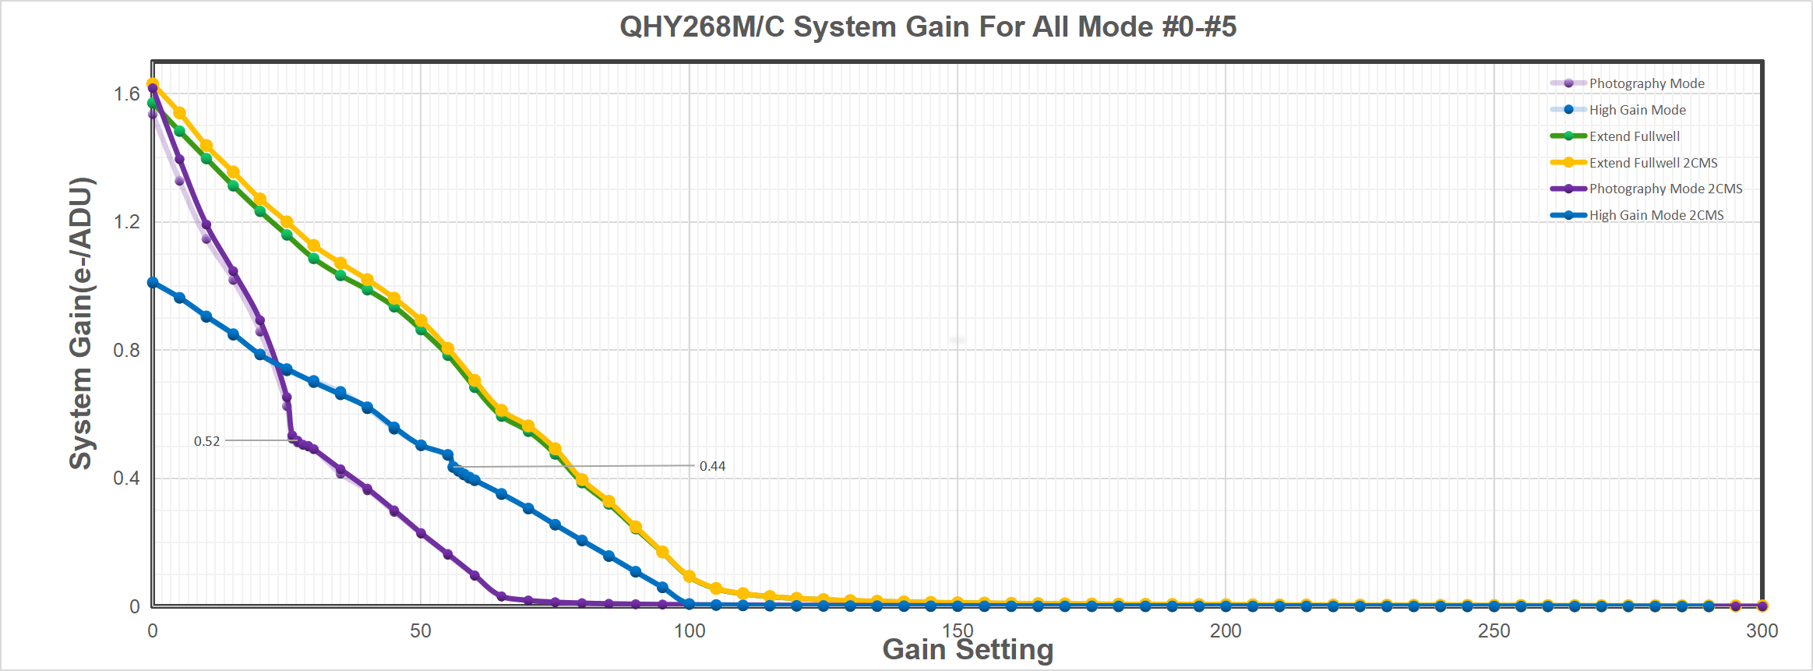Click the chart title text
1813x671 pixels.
[927, 27]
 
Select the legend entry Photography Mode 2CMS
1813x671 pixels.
[1665, 189]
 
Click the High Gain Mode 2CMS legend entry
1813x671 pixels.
[1656, 215]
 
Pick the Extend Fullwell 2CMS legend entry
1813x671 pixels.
[1653, 163]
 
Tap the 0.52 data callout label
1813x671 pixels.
[207, 441]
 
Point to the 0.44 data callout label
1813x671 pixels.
[712, 466]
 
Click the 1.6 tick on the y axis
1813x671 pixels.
[126, 94]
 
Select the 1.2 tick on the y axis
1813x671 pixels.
[126, 222]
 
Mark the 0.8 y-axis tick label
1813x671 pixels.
[126, 350]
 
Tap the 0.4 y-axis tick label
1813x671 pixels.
[126, 478]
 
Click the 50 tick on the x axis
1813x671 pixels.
[421, 630]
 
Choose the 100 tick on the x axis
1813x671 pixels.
[689, 630]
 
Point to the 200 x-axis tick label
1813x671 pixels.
[1226, 630]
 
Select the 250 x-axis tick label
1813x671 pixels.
[1494, 630]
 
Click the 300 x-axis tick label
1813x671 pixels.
[1762, 630]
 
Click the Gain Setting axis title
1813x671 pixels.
[968, 650]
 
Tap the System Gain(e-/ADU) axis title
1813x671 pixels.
[81, 323]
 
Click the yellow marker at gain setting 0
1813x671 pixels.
[153, 83]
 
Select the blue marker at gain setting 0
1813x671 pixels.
[153, 283]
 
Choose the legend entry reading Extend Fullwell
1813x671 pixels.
[1634, 136]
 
